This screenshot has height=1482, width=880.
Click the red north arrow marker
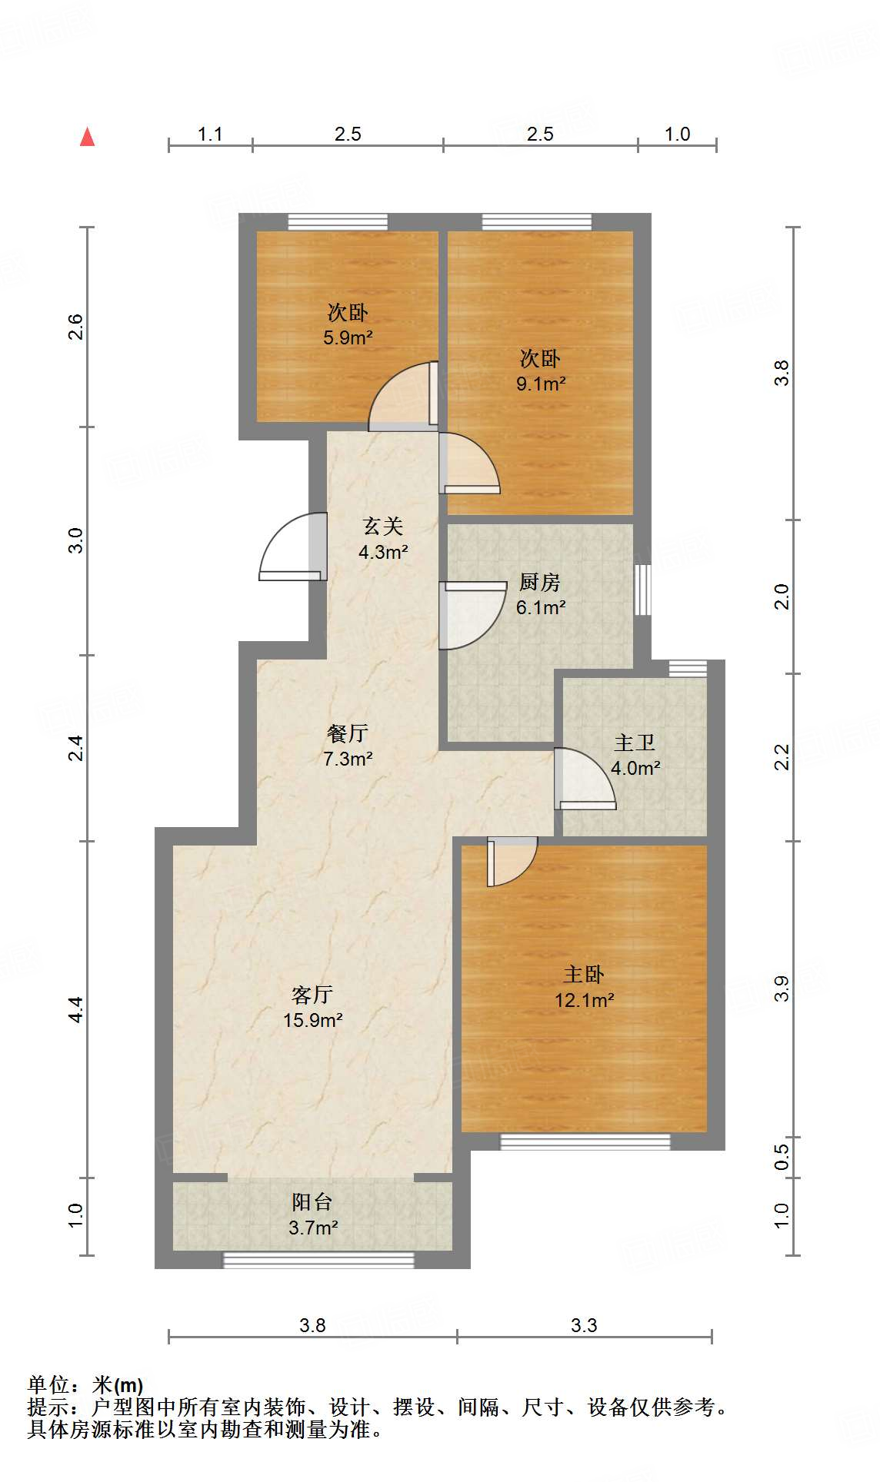coord(88,137)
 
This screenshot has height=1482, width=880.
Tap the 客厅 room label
coord(312,995)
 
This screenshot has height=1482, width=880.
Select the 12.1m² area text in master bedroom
coord(584,1000)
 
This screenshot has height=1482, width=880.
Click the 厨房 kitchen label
coord(539,583)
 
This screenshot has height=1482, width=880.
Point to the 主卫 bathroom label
coord(635,743)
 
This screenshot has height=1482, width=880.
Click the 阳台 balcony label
coord(312,1201)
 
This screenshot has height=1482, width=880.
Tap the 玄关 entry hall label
coord(382,527)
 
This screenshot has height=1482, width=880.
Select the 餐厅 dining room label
coord(347,733)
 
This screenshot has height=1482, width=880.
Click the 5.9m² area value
coord(348,337)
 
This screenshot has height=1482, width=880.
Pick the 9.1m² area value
coord(541,384)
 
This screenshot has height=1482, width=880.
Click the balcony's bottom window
coord(318,1259)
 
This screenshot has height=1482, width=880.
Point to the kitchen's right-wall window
coord(642,590)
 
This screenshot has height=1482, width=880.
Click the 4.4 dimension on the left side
coord(75,1008)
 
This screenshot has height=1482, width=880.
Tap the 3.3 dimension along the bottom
coord(584,1325)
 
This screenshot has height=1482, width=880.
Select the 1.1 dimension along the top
coord(210,135)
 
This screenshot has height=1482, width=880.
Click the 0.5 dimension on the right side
coord(782,1157)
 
